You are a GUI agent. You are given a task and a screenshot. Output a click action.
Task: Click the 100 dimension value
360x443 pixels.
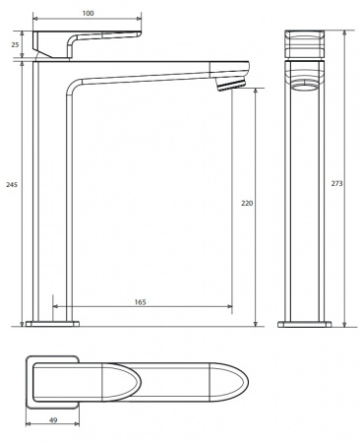click(x=88, y=13)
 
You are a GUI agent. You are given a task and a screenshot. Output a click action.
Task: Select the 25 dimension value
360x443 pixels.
click(x=15, y=44)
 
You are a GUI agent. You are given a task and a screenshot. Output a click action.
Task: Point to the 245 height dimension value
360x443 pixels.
click(x=12, y=184)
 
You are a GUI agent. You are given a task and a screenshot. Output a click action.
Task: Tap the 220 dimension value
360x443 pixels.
click(x=247, y=204)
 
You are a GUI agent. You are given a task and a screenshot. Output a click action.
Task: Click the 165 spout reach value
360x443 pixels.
click(x=141, y=302)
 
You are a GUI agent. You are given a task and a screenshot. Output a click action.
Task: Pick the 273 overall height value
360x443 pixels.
click(x=336, y=183)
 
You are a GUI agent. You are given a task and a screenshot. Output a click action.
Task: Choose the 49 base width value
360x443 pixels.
click(x=53, y=420)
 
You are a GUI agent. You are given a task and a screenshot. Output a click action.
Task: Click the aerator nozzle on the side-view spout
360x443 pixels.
click(x=230, y=85)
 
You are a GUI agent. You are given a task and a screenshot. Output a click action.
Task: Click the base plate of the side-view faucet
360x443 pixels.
click(x=52, y=324)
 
